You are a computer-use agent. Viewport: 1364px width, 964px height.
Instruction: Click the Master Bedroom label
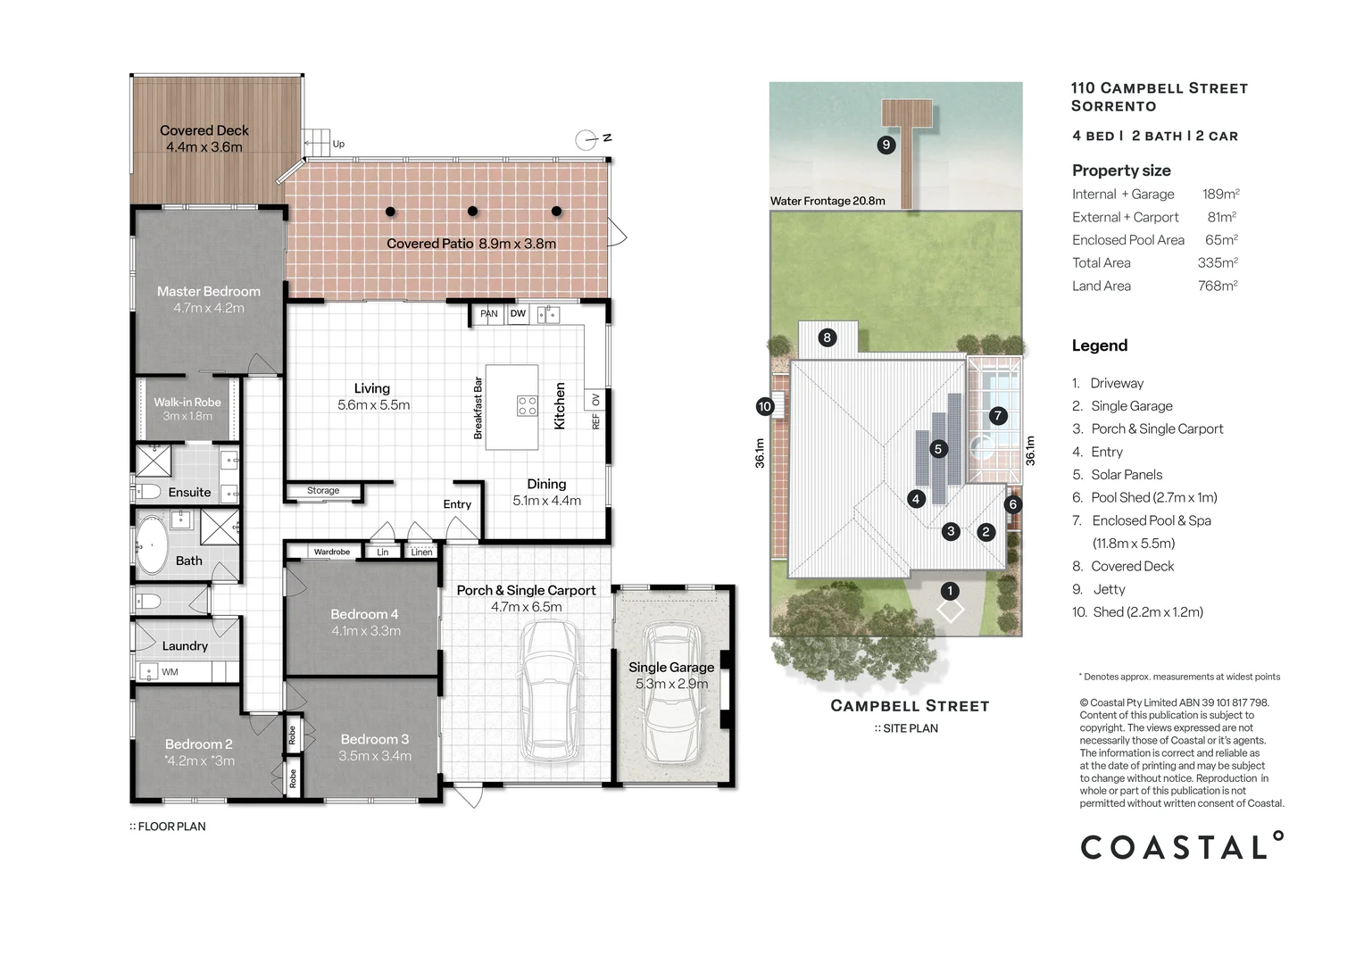[208, 292]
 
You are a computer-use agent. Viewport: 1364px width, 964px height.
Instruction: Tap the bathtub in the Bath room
[151, 545]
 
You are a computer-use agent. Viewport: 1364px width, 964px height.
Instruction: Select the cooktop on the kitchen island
[528, 406]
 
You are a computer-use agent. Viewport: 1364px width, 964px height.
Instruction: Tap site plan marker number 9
[886, 145]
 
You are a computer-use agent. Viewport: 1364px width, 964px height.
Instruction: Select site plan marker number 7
[998, 416]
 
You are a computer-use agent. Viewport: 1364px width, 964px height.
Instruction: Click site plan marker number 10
[764, 406]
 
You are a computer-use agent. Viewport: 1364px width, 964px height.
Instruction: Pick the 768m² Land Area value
[1217, 286]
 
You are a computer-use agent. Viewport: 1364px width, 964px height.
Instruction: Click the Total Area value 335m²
[1217, 263]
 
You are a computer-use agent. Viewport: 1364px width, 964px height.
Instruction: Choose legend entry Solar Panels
[1126, 475]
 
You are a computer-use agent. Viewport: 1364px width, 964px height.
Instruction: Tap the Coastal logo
[1180, 846]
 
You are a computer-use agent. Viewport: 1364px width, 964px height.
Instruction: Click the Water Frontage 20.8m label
[828, 201]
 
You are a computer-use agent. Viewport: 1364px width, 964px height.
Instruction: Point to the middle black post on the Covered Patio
[472, 212]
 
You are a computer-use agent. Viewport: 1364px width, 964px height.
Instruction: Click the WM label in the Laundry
[170, 672]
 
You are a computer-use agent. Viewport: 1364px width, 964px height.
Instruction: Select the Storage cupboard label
[323, 491]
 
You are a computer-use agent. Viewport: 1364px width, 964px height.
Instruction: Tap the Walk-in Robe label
[187, 403]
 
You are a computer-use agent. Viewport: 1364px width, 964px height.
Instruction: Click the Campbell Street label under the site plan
[910, 706]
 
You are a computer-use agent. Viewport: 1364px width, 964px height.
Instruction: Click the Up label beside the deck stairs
[338, 144]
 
